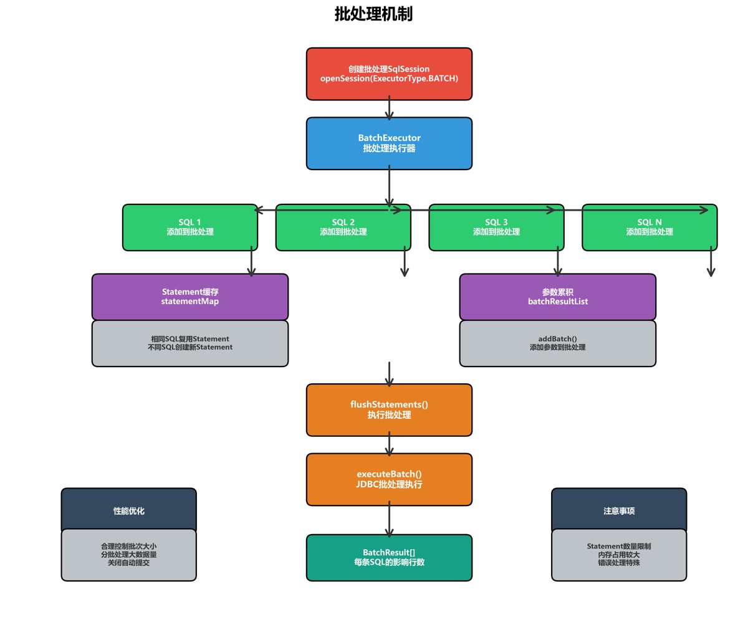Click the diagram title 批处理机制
373,14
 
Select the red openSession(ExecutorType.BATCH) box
389,74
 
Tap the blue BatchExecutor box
389,143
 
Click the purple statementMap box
190,297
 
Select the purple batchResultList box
557,297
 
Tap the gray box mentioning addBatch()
557,343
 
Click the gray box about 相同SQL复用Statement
190,343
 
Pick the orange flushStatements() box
389,410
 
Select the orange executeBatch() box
389,479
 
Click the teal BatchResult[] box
389,558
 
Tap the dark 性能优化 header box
128,510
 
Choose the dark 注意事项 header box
619,510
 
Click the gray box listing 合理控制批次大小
128,555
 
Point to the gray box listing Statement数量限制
619,555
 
